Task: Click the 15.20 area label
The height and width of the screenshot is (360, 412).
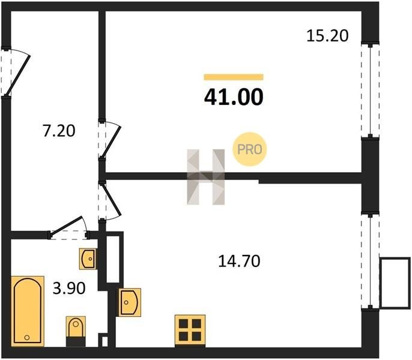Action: coord(327,36)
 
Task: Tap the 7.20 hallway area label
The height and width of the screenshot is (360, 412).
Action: coord(59,131)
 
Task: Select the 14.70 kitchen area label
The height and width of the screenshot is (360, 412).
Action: coord(239,261)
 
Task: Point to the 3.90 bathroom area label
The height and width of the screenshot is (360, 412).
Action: coord(69,288)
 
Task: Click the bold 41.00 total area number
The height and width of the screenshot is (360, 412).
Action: coord(234,97)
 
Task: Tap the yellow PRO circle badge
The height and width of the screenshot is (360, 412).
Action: coord(250,149)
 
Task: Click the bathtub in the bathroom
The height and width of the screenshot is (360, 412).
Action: coord(28,311)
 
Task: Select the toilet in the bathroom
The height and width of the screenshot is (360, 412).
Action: coord(76,331)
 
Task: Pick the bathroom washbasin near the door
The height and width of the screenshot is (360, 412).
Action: coord(88,259)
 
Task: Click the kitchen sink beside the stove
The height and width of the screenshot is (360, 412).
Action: coord(130,302)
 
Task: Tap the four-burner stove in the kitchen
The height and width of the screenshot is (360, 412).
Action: coord(190,331)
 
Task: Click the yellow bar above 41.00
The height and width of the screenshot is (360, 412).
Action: coord(234,77)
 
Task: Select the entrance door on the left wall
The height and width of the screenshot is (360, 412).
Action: coord(15,71)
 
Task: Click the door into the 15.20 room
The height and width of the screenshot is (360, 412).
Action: coord(109,139)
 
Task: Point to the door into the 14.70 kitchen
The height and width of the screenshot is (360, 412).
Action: coord(109,201)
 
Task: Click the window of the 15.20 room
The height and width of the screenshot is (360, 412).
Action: coord(370,91)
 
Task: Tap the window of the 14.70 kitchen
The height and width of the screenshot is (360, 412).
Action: coord(370,261)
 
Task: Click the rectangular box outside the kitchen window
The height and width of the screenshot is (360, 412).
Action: coord(395,283)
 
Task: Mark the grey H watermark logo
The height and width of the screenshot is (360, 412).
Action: coord(206,177)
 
